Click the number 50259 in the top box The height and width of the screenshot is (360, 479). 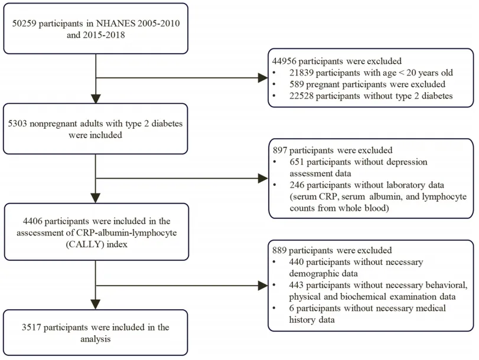[24, 24]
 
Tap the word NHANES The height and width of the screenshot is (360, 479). [116, 24]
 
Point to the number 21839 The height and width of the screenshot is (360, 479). [301, 73]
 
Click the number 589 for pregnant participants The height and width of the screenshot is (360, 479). [296, 84]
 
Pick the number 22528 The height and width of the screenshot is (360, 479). [301, 96]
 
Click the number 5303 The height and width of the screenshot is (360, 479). [17, 124]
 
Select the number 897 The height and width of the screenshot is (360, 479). [280, 150]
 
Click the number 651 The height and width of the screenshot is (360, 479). [297, 162]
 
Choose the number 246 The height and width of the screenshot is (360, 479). [297, 185]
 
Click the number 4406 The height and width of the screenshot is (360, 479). [32, 221]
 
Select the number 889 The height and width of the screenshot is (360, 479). [279, 250]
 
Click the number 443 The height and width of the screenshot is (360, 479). [296, 285]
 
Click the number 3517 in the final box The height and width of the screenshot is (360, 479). [31, 328]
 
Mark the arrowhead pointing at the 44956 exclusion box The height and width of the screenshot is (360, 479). [263, 78]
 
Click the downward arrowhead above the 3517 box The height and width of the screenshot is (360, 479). [96, 305]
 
